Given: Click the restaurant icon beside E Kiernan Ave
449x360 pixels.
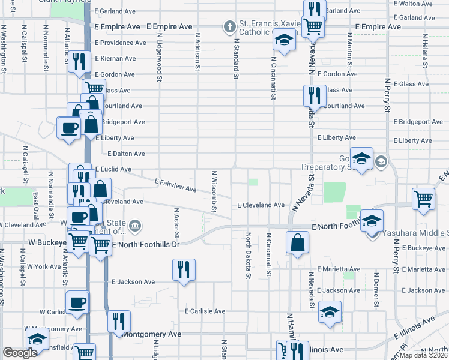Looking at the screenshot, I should pos(77,61).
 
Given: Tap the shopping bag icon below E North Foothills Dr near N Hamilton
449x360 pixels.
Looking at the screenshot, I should pos(298,243).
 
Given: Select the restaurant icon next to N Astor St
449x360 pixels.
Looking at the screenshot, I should pos(184,269).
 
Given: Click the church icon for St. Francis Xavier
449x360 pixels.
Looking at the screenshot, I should pos(228,26).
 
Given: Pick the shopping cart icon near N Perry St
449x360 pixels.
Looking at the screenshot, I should pos(423,199).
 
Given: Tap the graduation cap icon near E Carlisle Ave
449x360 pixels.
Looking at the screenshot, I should pos(330,312).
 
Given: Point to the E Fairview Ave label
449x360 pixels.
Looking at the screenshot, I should pos(175,185).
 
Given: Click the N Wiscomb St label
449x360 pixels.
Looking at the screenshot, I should pos(214,190).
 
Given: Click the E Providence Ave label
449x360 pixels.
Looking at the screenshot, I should pos(121,43).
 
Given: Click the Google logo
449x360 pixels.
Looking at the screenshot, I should pos(20,353).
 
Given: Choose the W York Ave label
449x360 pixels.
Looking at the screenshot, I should pos(44,266).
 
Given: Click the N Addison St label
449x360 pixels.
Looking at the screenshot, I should pos(197,51).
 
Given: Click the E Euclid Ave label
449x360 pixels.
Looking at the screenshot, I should pos(113,169).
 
